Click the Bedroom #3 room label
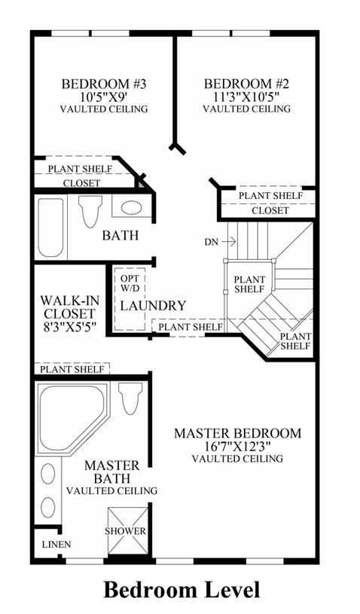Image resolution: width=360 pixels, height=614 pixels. coord(104,84)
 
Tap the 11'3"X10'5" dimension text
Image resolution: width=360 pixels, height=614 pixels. coord(246,96)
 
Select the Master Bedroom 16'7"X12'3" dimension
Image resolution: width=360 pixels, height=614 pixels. coord(238,446)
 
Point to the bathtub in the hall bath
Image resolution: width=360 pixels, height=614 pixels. coord(51,228)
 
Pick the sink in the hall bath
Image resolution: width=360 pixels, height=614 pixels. coord(131,207)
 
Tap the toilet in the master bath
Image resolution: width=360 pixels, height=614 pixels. coord(131,399)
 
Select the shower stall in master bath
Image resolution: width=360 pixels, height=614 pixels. coord(127,531)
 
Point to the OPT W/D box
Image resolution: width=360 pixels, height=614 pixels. coord(130,298)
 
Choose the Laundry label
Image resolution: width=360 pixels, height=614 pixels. coord(153,306)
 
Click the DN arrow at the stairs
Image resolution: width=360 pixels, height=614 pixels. coord(228,242)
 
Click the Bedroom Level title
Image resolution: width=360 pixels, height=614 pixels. coord(182,590)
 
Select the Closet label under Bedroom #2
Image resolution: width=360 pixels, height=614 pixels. coord(270,211)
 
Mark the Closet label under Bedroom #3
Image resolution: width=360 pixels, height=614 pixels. coord(82,183)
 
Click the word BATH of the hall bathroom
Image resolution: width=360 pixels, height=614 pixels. coord(121,235)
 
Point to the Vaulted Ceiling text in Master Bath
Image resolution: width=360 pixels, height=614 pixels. coord(112,490)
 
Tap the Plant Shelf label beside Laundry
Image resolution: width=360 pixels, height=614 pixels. coord(191,326)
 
